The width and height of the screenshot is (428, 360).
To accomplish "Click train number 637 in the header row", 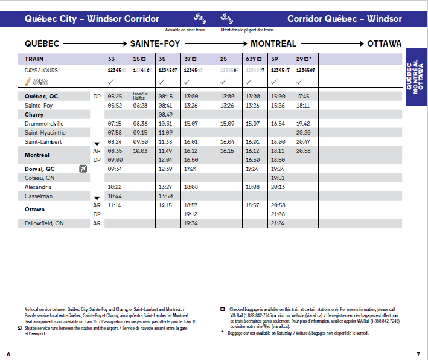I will click(x=252, y=59).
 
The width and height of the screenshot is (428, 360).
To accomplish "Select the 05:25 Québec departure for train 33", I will click(x=113, y=97).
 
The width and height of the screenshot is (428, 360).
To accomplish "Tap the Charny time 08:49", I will click(x=165, y=114).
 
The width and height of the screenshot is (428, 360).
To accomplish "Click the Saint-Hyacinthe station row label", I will click(x=45, y=132).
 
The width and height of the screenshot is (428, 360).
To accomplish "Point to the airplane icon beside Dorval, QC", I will click(x=83, y=169).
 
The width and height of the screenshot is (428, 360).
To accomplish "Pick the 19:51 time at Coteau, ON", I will click(x=278, y=178).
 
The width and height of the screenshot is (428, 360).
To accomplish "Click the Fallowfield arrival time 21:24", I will click(x=278, y=223).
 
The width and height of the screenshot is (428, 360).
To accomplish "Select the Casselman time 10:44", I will click(x=113, y=196).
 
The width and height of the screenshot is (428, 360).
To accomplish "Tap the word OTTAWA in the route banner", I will click(x=384, y=44).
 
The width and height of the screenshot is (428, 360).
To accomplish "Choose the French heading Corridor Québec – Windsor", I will click(x=344, y=18).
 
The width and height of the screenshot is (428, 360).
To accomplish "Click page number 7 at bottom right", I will click(x=418, y=353).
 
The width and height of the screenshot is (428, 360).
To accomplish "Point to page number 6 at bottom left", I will click(x=8, y=353).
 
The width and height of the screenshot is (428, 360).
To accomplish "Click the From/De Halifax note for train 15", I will click(x=140, y=95).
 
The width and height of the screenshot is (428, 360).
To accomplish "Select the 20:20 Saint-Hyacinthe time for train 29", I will click(x=304, y=132).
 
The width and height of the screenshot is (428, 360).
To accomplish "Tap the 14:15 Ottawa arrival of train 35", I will click(x=165, y=205).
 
